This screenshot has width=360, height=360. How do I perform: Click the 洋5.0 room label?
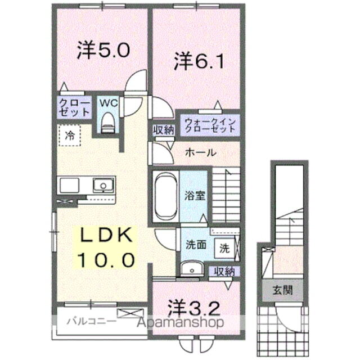pos(103,51)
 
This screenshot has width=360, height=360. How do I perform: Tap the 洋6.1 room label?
pos(200,61)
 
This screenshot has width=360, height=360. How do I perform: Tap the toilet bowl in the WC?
pos(107,121)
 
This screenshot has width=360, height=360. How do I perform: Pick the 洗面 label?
pos(196,246)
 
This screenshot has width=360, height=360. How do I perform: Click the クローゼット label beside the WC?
pos(74,107)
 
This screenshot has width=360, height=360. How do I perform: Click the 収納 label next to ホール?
pos(164,130)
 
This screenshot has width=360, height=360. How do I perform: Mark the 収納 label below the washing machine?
pos(224,272)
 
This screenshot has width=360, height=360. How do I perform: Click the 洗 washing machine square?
pos(224,246)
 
